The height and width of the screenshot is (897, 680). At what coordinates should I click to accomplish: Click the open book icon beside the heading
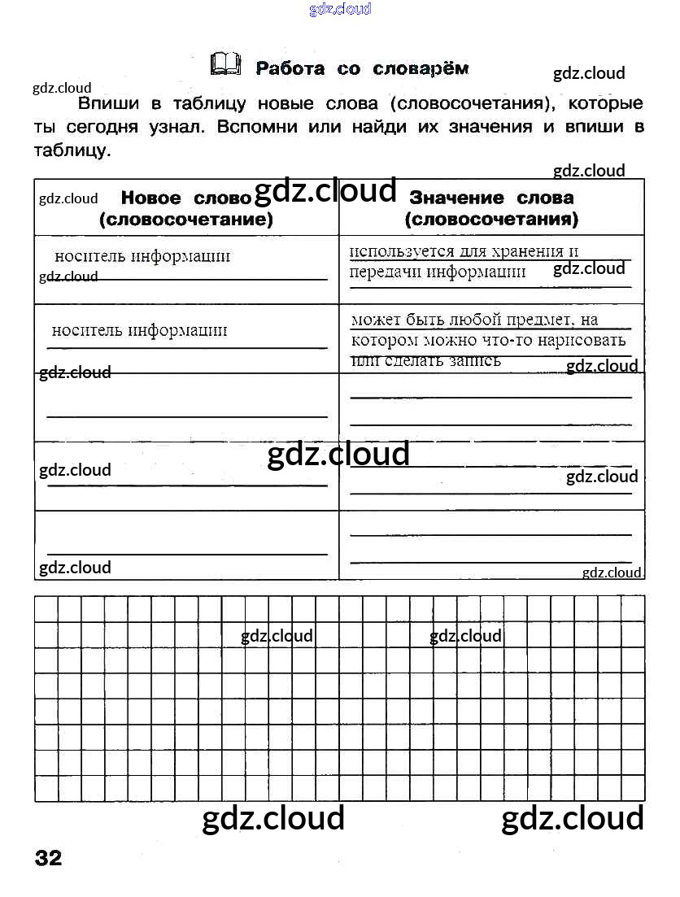pos(225,64)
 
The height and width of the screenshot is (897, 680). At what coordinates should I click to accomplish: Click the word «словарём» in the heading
pos(421,68)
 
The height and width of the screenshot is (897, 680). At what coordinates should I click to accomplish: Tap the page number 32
pos(48,858)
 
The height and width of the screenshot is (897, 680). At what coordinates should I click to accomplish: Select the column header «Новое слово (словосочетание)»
pos(186,208)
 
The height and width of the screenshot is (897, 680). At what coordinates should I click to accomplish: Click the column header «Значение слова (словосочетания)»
pos(491,208)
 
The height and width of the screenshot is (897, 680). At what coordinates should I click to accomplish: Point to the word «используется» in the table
pos(397,251)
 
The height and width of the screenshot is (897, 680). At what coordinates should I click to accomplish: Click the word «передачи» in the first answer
pos(385,272)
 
